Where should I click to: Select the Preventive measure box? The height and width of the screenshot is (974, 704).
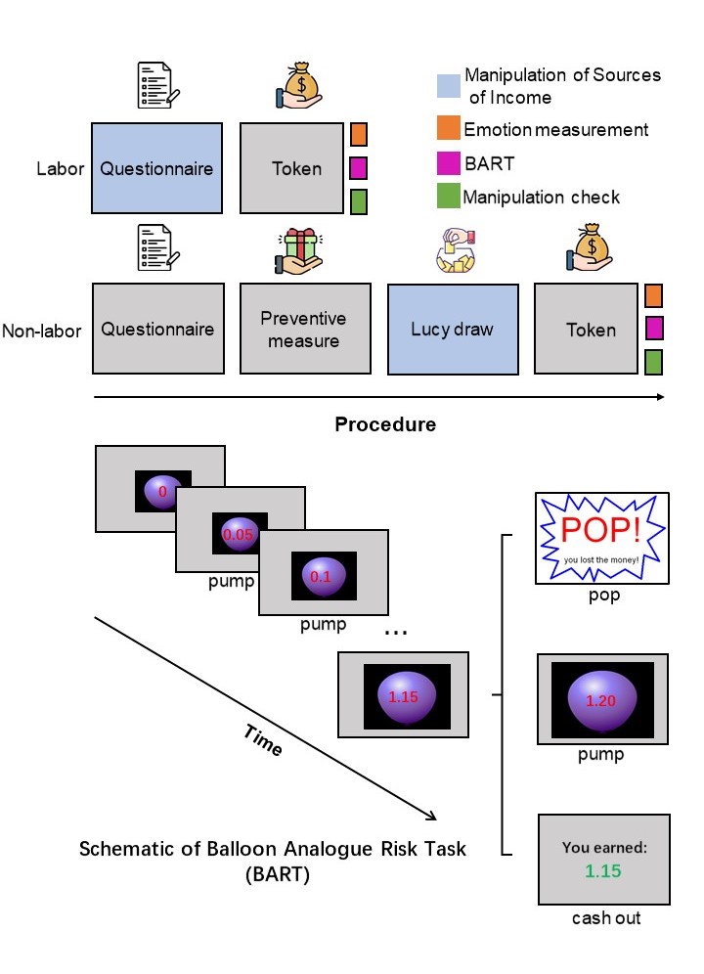(305, 329)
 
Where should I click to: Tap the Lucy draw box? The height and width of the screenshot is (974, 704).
(453, 329)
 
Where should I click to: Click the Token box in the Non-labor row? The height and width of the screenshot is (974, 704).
(591, 329)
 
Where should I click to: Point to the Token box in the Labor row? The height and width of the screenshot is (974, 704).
(296, 168)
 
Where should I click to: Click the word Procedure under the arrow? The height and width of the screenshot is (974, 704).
(384, 425)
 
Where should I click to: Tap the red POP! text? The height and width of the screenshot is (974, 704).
(600, 529)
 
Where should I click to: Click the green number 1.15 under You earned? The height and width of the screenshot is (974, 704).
(602, 868)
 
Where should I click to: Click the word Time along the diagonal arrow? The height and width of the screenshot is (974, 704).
(261, 740)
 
